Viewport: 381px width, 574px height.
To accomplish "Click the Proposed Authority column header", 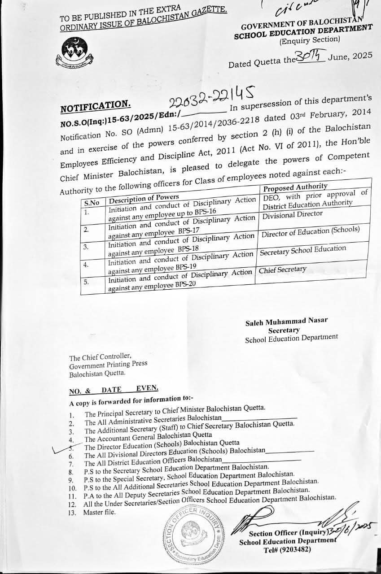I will pos(295,187).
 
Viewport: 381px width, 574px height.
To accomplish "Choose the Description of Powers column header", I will pos(145,197).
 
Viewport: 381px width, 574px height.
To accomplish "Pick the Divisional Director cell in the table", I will pos(293,215).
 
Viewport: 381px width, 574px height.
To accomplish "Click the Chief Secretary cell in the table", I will pos(283,270).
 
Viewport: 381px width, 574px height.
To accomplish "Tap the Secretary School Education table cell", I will pos(303,250).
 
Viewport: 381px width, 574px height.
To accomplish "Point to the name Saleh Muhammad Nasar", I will pos(286,321).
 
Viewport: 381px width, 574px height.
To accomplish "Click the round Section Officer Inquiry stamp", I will pos(192,533).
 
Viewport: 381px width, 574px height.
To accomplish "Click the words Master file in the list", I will pos(99,513).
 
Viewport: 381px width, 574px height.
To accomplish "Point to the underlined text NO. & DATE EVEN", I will pos(114,389).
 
